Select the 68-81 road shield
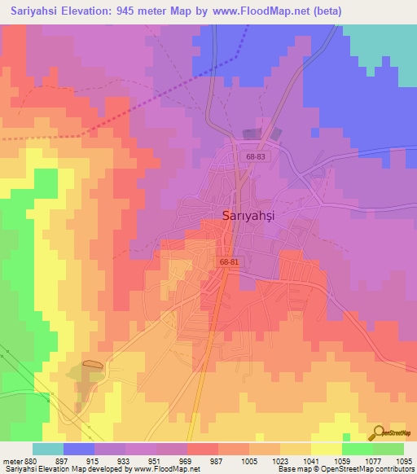228,262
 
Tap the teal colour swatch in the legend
47,449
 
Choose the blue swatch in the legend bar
78,449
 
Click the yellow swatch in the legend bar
326,449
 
